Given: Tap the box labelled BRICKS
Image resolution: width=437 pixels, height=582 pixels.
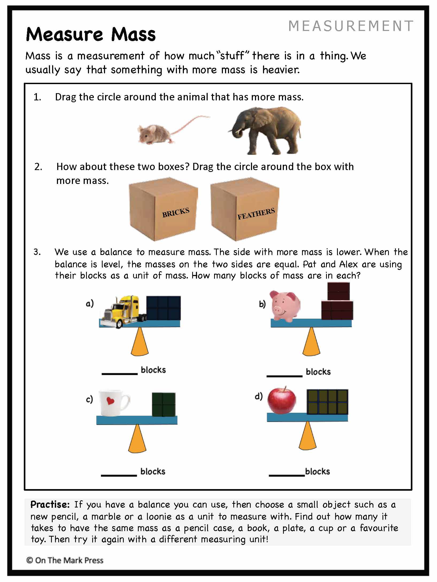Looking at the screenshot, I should pyautogui.click(x=163, y=209).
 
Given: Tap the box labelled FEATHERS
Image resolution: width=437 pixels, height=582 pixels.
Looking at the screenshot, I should pyautogui.click(x=245, y=209).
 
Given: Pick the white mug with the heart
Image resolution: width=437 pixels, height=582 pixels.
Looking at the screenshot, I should pyautogui.click(x=114, y=403).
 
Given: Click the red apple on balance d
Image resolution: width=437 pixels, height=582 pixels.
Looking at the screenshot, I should pyautogui.click(x=281, y=400).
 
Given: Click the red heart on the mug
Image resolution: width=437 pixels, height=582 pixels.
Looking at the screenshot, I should pyautogui.click(x=110, y=400).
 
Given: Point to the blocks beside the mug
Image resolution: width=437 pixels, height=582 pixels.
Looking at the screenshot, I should pyautogui.click(x=164, y=404).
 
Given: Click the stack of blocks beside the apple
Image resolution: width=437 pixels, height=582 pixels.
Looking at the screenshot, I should pyautogui.click(x=327, y=402).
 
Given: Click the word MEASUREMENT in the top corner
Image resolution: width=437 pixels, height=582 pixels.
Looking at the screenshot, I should pyautogui.click(x=351, y=26).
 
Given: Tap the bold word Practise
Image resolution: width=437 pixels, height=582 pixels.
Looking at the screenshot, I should pyautogui.click(x=50, y=505).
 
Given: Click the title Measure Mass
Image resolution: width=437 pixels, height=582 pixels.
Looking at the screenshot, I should pyautogui.click(x=91, y=34).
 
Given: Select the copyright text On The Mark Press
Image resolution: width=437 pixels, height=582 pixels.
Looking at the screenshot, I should pyautogui.click(x=65, y=560).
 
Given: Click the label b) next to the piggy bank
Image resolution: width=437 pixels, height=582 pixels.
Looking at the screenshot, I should pyautogui.click(x=262, y=304).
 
